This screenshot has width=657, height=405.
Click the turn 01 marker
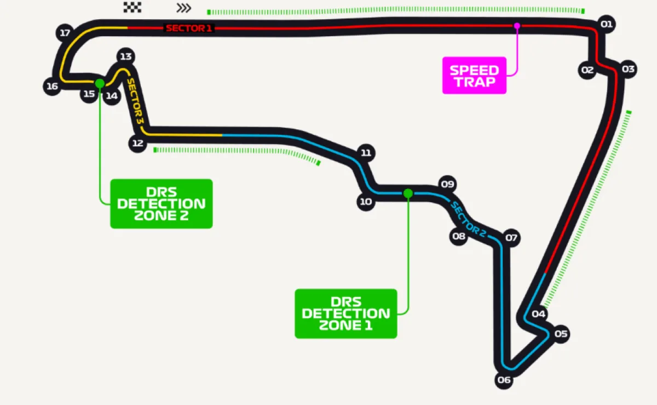[x=606, y=24]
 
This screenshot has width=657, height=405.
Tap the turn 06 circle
[x=504, y=380]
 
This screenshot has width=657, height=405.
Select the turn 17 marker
[x=65, y=33]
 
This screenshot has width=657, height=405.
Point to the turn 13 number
[x=126, y=56]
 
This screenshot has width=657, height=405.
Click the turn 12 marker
[x=137, y=144]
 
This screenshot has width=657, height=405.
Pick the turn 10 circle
[x=366, y=202]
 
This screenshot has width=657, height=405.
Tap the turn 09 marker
[x=448, y=184]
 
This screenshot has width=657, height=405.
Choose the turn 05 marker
[x=561, y=334]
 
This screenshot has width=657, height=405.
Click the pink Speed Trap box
[x=474, y=76]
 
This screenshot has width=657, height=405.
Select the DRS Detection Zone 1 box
[x=345, y=313]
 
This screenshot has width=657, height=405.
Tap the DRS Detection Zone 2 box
[x=161, y=203]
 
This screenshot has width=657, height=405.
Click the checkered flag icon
[x=132, y=7]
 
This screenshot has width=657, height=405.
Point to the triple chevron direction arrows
[x=184, y=8]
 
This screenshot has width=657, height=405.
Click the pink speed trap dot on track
[x=516, y=25]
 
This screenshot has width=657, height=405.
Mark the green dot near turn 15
[x=100, y=83]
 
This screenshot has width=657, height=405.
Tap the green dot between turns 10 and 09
[x=408, y=193]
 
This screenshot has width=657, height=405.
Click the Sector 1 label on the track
[x=189, y=28]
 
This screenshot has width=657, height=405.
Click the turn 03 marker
[x=628, y=70]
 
